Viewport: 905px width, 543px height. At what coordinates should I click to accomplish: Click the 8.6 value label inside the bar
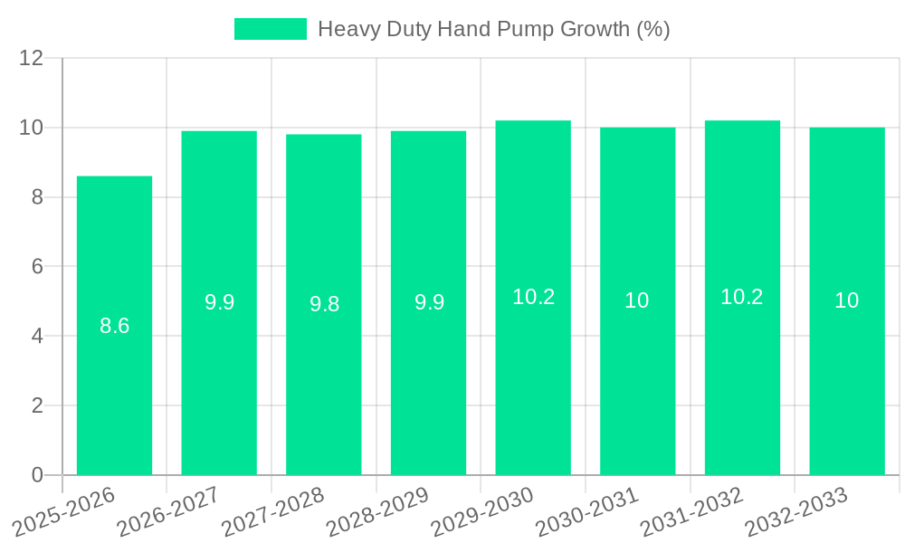point(114,326)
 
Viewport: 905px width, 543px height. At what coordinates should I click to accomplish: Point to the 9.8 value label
point(324,304)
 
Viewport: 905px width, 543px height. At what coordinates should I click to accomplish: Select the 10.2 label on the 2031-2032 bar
point(742,297)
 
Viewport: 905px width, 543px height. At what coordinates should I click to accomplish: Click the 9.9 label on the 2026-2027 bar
point(219,302)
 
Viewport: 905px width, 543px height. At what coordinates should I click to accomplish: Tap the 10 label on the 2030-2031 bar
point(637,300)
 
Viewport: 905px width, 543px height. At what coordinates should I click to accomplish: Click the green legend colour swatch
point(270,29)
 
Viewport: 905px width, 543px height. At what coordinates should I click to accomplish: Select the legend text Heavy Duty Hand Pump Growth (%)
point(493,29)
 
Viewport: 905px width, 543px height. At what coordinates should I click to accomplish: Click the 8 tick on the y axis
point(37,197)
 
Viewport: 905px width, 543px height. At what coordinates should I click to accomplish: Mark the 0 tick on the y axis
point(37,475)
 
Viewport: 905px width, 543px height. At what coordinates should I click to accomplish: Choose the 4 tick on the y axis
point(37,337)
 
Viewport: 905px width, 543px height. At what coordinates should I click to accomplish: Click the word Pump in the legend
point(524,30)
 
